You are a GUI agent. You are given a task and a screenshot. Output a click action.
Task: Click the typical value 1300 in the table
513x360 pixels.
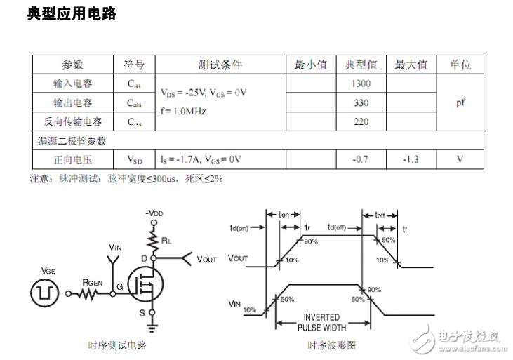361,84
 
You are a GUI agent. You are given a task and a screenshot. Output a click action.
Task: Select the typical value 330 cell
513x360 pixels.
361,102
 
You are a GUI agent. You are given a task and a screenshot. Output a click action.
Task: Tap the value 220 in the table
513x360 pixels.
361,121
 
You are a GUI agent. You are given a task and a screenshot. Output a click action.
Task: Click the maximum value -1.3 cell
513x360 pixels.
411,159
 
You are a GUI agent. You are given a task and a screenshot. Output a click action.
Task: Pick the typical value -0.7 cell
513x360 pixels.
361,159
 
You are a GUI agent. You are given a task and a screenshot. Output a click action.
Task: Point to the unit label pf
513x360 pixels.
460,102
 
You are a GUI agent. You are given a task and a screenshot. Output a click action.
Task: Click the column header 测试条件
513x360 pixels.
220,65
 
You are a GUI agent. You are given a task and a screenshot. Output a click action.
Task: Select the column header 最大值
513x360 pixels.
411,65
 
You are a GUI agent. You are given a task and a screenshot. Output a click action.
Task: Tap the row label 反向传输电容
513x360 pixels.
72,121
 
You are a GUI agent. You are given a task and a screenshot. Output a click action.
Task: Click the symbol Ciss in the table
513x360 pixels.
134,84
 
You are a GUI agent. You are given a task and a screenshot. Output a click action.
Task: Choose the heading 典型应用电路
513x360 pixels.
72,14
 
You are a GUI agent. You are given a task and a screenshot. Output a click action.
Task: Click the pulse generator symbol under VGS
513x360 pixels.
45,293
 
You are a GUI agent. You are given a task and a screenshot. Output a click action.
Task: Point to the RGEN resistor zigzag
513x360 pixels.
86,294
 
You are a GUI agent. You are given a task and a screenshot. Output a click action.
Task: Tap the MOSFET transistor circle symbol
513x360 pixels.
145,284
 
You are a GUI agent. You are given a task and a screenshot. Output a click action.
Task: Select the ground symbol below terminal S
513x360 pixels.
152,328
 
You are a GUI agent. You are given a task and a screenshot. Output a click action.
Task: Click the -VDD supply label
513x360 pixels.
154,213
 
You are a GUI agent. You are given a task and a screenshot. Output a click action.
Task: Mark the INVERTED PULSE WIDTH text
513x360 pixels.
322,322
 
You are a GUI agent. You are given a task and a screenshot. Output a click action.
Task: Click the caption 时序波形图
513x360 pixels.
331,345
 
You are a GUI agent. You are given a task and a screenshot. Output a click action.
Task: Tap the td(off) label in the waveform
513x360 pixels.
337,227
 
